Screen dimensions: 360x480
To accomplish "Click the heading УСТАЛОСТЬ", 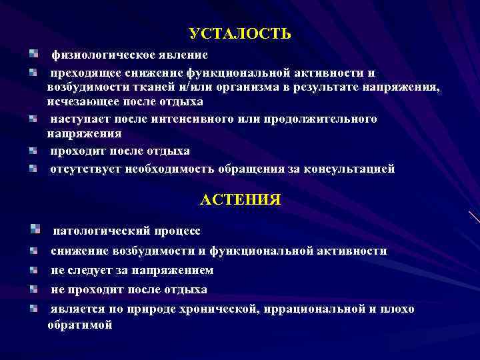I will tap(239, 34).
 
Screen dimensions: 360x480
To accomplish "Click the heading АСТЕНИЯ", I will tap(240, 199).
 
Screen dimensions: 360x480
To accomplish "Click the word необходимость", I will tap(166, 169).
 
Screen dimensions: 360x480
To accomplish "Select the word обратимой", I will tap(79, 325).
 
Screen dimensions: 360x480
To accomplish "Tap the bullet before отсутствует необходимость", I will tap(33, 168).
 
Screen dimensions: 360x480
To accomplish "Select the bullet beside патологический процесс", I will tap(35, 229).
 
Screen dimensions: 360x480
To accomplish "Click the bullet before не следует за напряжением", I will tap(33, 270).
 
